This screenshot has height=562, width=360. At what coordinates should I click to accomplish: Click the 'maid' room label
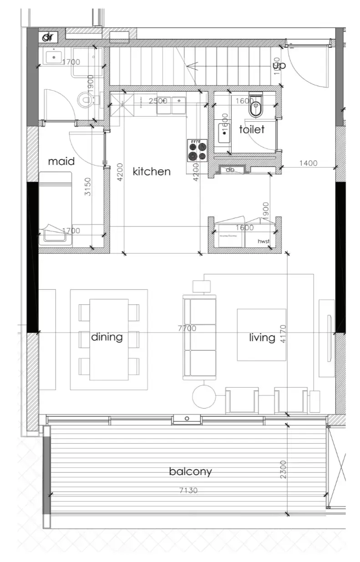61,161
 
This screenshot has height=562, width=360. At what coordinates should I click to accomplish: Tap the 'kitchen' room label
152,172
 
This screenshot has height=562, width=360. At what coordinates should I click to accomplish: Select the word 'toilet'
252,130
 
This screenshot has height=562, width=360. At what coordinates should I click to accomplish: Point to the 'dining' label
107,337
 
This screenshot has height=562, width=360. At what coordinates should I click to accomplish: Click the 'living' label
262,337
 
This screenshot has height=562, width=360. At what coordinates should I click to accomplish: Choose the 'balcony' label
190,471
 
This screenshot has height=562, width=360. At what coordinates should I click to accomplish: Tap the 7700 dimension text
187,328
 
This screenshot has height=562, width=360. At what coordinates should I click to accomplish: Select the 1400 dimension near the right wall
308,163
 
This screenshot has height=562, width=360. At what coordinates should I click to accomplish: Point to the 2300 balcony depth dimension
283,469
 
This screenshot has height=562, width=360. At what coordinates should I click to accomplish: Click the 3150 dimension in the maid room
88,187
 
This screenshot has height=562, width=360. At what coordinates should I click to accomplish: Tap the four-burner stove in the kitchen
197,151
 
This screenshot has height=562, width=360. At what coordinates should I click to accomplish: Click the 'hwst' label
264,241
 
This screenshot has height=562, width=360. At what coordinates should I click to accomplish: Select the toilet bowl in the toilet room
254,108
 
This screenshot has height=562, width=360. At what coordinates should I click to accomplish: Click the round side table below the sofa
204,397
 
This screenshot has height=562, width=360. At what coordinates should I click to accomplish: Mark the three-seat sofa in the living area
199,337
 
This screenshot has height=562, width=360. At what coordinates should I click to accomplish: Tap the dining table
109,339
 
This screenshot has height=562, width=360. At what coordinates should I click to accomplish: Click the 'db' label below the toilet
230,170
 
